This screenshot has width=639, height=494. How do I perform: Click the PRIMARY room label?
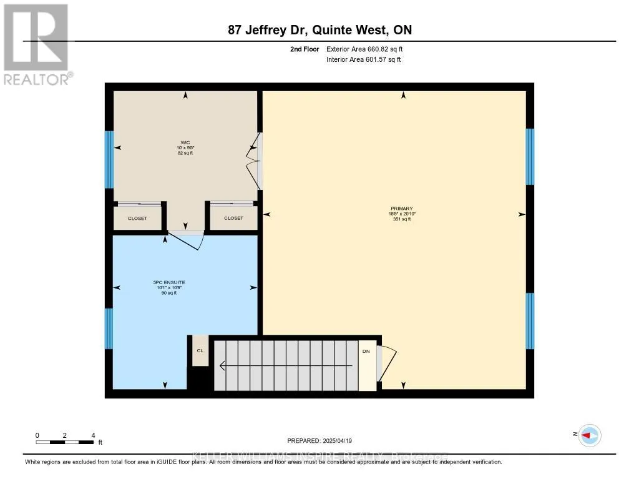(402, 209)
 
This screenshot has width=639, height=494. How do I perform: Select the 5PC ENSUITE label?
(169, 282)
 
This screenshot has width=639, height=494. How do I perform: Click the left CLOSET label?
(137, 218)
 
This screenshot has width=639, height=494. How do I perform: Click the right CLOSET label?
(233, 218)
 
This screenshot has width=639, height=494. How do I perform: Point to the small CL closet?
(200, 351)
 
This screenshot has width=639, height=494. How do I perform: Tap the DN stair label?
(366, 351)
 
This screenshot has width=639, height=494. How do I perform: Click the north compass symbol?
(589, 435)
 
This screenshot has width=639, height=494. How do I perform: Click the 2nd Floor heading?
(305, 49)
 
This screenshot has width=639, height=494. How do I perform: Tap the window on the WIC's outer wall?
(109, 159)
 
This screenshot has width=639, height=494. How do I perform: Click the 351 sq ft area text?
(402, 219)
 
